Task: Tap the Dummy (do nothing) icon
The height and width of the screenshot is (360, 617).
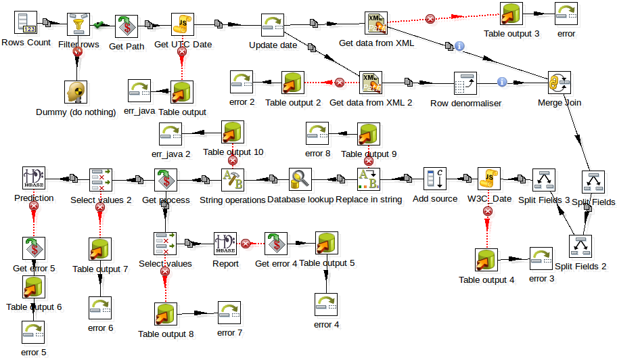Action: click(x=76, y=92)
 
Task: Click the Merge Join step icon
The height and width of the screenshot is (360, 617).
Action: click(x=559, y=84)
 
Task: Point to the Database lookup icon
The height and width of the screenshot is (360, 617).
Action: click(x=300, y=179)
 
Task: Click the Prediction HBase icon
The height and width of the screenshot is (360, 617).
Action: click(x=33, y=179)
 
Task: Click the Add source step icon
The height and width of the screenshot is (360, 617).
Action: click(x=434, y=179)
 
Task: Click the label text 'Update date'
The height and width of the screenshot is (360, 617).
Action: click(x=273, y=45)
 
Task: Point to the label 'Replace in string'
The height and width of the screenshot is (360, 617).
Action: click(x=369, y=200)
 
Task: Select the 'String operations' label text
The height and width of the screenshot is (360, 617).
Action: click(x=233, y=200)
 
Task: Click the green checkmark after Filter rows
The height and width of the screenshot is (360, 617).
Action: click(x=99, y=25)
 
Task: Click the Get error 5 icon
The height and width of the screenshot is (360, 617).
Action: click(x=33, y=248)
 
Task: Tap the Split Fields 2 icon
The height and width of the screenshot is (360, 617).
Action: click(x=580, y=247)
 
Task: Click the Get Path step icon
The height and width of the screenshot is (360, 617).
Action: click(x=126, y=26)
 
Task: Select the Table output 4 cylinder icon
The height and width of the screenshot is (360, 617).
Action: click(x=486, y=261)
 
